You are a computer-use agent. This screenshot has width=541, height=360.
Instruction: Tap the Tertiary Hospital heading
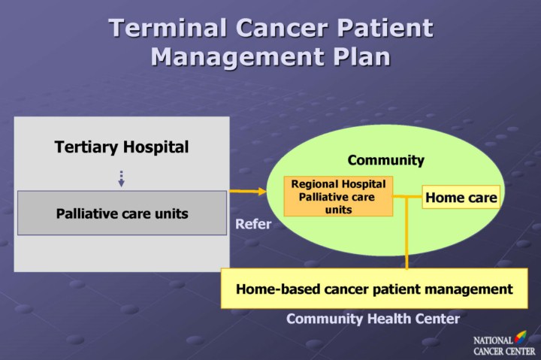pos(122,147)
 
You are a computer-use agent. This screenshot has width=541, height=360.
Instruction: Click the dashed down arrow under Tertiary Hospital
pos(121,179)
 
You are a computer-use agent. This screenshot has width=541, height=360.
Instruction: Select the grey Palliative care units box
pos(122,213)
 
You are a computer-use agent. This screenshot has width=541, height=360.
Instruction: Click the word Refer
pos(253,224)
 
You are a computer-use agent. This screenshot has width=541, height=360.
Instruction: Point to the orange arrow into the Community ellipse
pos(248,192)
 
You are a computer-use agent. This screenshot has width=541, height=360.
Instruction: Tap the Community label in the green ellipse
pos(385,160)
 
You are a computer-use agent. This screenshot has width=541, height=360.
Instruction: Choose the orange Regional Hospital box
pos(338,196)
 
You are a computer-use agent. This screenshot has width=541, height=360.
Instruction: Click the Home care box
pos(461,198)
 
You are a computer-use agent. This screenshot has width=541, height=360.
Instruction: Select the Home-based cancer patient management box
pos(374,289)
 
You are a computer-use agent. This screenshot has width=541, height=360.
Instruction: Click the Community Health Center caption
pos(373,319)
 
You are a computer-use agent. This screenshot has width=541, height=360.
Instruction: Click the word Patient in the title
pos(385,28)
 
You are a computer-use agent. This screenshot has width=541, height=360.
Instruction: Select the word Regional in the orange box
pos(316,184)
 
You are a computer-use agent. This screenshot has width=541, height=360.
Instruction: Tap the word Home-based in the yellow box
pos(273,289)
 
